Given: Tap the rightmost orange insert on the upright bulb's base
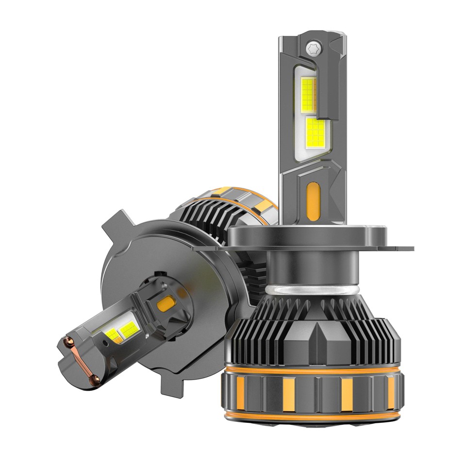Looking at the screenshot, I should click(391, 391).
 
